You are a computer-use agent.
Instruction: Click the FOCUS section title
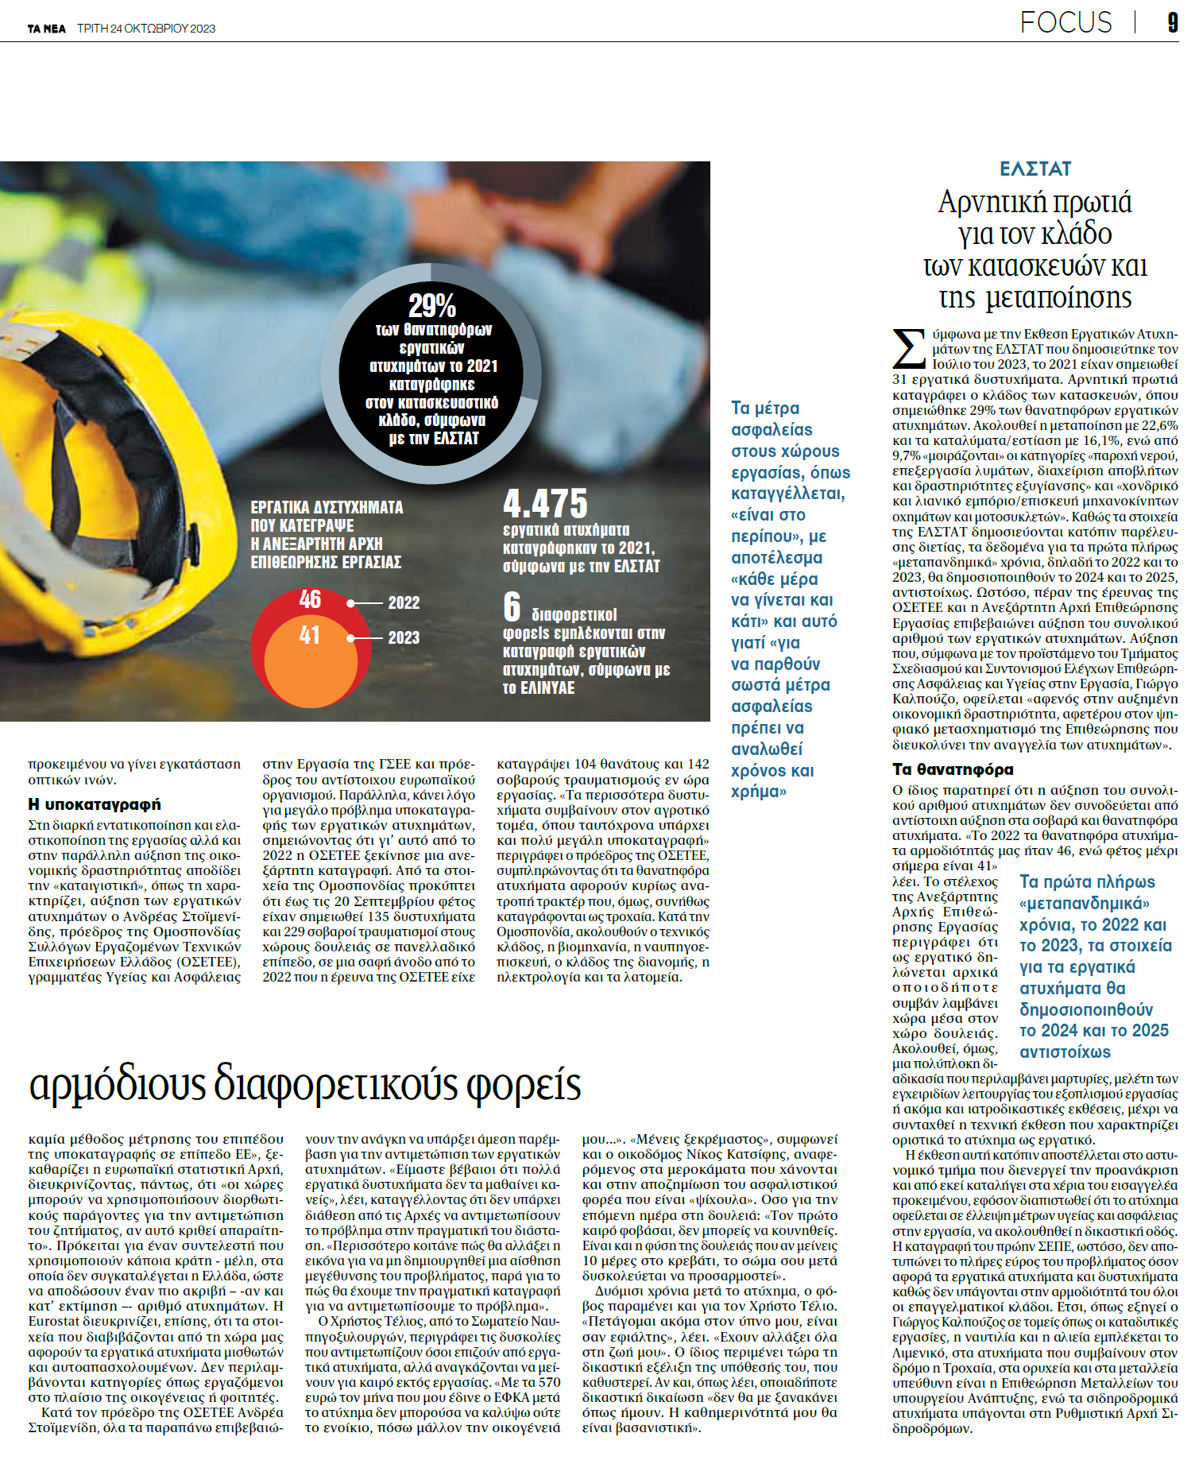(x=1066, y=22)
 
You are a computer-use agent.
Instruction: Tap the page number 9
(x=1172, y=22)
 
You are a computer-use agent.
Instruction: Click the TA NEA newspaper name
(x=47, y=29)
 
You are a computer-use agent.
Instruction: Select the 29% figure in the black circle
(x=431, y=306)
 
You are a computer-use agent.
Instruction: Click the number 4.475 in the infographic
(x=546, y=504)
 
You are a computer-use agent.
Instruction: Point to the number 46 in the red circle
(x=310, y=599)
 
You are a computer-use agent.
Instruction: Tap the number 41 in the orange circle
(x=310, y=635)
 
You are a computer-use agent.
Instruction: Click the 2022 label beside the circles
(x=404, y=603)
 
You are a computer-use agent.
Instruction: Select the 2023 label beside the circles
(x=404, y=638)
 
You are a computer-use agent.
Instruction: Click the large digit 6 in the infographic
(x=512, y=607)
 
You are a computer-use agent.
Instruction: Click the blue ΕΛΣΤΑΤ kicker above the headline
(x=1035, y=169)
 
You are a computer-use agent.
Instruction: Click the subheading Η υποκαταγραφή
(x=95, y=804)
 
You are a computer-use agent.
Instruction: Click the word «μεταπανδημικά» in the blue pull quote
(x=1084, y=904)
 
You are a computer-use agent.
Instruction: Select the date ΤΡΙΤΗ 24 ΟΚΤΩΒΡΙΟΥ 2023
(x=146, y=29)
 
